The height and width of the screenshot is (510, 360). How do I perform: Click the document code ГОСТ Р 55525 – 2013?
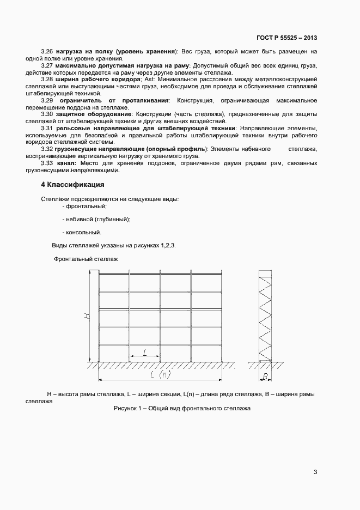[286, 38]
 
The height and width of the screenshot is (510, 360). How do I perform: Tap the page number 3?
[315, 472]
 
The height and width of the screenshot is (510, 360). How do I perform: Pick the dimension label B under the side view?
[265, 376]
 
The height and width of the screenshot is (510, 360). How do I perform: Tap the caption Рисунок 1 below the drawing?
[181, 409]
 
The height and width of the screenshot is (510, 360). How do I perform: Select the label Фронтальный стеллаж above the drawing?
[86, 259]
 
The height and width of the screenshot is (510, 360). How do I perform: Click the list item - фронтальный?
[84, 207]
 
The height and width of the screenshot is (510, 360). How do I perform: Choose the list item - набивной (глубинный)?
[96, 220]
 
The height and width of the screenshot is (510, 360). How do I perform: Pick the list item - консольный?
[82, 233]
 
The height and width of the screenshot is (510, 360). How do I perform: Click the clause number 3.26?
[48, 52]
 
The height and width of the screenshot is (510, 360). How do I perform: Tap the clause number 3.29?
[47, 100]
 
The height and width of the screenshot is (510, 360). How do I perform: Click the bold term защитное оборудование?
[93, 114]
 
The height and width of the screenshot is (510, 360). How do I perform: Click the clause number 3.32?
[48, 149]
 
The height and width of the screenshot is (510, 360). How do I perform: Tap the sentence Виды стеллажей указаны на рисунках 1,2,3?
[113, 246]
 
